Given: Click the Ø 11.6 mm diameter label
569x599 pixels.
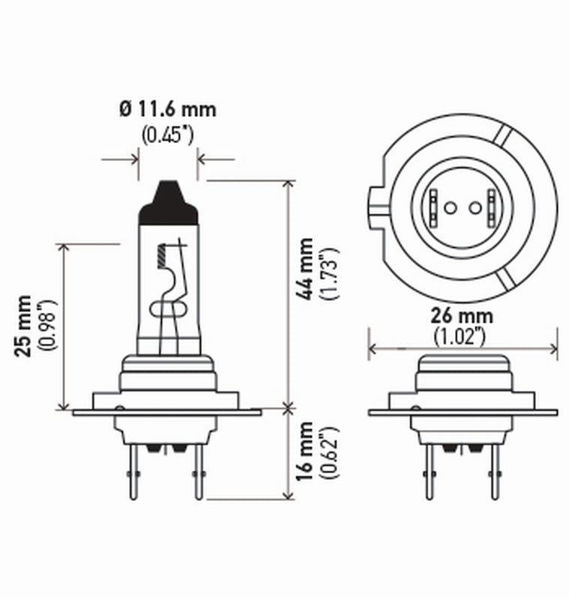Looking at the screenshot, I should pos(167,109).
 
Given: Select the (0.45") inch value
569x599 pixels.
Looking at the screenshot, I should pos(167,136).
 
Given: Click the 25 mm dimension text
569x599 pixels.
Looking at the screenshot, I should pos(25,326).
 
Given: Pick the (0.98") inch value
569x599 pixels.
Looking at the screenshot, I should pos(48,326).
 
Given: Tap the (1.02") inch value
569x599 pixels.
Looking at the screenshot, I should pos(460,336).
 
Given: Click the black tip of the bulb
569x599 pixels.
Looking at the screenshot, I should pos(168,201).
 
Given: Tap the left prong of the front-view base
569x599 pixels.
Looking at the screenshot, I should pos(430,470).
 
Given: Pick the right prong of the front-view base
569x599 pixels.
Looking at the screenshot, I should pos(494,470).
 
